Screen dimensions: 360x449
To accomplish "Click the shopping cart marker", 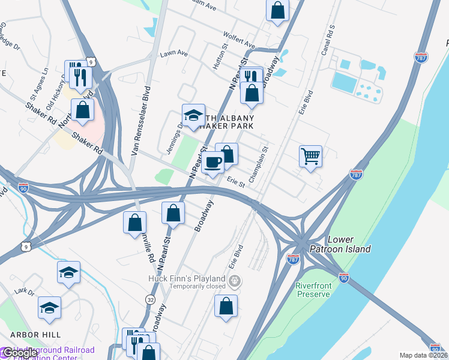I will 310,157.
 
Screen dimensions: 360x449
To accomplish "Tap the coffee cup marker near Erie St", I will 212,162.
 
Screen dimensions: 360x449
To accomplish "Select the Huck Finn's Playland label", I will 187,279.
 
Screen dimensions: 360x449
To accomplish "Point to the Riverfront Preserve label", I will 313,290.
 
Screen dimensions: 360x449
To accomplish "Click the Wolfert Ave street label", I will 239,41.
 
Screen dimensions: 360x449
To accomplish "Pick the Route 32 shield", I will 150,299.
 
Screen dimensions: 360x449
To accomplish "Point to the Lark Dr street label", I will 25,291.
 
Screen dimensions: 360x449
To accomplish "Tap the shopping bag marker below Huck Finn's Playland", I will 226,305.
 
